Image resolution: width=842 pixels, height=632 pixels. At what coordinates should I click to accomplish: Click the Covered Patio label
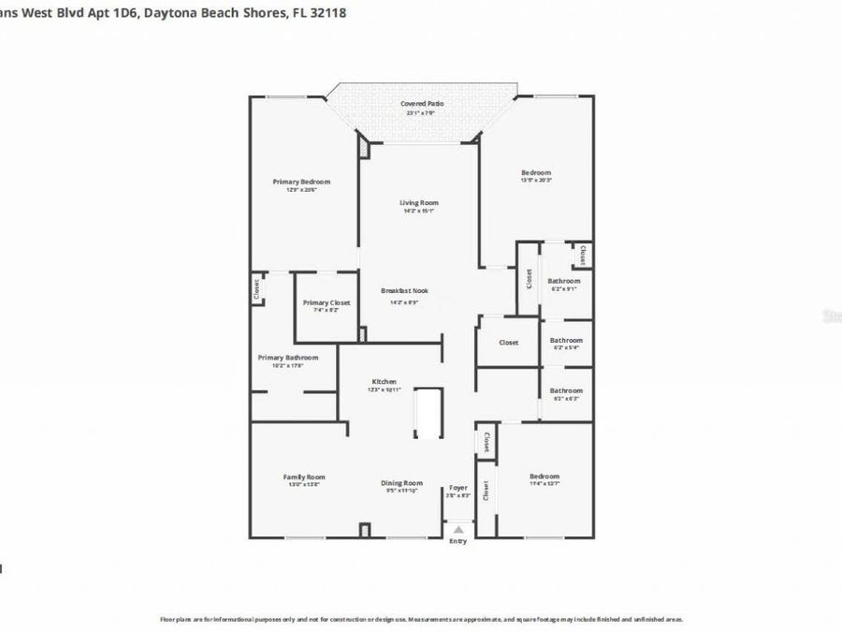click(421, 104)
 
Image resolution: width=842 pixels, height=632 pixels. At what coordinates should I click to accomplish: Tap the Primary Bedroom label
click(301, 182)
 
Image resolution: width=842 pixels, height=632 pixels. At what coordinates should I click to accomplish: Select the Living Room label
click(419, 202)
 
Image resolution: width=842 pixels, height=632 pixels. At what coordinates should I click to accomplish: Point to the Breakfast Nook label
click(404, 290)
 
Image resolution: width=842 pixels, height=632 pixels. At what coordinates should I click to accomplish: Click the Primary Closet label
click(327, 302)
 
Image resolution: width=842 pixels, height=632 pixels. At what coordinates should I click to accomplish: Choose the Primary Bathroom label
click(288, 357)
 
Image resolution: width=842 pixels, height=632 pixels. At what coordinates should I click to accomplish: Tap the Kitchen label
click(385, 381)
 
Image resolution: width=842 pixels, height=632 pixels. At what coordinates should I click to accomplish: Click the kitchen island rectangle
click(428, 413)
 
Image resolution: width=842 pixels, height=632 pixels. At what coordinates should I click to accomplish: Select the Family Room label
click(304, 477)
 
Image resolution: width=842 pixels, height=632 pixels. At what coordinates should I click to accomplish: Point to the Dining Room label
click(401, 483)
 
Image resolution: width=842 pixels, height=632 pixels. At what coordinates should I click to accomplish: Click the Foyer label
click(457, 487)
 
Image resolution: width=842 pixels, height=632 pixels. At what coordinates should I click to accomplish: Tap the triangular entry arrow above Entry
click(457, 530)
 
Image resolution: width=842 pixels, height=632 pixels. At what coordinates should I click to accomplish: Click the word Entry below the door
click(457, 541)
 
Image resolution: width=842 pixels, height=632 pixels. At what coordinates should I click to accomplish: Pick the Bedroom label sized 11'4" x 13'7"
click(544, 476)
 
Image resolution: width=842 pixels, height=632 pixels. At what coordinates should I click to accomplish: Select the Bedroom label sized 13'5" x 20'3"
click(536, 172)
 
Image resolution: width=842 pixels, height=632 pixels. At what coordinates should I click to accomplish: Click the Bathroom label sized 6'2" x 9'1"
click(565, 281)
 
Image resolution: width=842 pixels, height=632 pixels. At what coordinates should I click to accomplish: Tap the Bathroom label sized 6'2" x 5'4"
click(565, 340)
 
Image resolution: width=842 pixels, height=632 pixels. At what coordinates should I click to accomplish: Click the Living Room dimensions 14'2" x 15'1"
click(419, 211)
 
